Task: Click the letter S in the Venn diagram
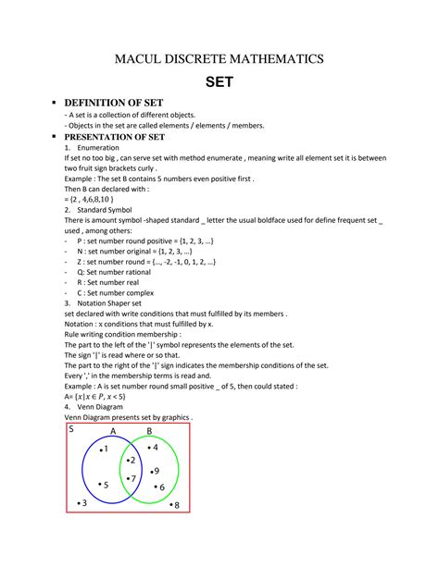click(71, 429)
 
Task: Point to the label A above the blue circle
click(113, 431)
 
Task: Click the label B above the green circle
click(150, 431)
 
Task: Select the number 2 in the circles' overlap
click(132, 460)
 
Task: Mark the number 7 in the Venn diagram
click(133, 478)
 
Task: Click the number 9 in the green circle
click(156, 472)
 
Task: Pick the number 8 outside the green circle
click(176, 505)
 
